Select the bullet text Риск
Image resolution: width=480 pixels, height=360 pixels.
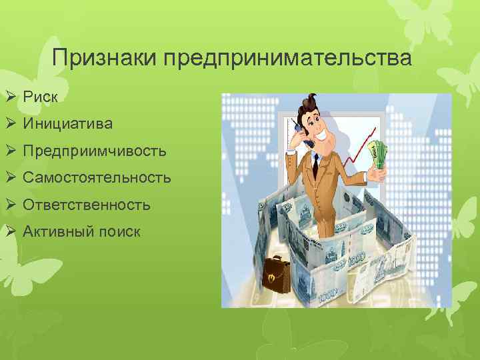point(40,97)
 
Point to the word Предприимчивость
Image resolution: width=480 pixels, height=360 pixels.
point(94,151)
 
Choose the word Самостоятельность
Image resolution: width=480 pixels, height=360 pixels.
point(97,178)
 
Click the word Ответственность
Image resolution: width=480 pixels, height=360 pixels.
point(87,205)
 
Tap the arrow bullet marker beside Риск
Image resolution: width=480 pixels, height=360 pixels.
point(11,97)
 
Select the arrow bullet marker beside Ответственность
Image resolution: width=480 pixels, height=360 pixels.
point(11,205)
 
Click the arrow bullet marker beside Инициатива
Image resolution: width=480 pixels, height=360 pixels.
point(11,124)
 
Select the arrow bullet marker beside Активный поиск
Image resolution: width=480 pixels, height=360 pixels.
point(11,232)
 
